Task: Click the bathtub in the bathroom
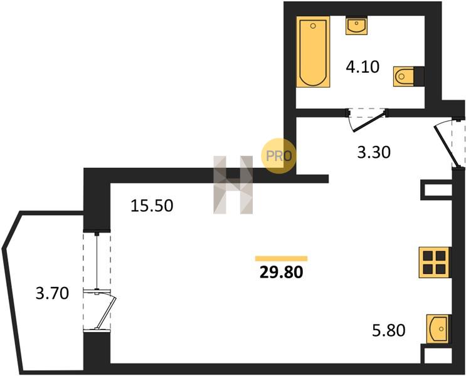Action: pyautogui.click(x=313, y=51)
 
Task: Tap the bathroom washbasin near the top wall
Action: pyautogui.click(x=356, y=25)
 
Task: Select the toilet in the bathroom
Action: pyautogui.click(x=404, y=76)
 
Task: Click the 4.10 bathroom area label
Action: pyautogui.click(x=363, y=67)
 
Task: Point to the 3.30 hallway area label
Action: pyautogui.click(x=374, y=152)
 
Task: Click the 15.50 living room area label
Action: pyautogui.click(x=152, y=205)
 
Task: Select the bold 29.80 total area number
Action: pyautogui.click(x=281, y=272)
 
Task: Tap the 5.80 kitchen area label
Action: pyautogui.click(x=389, y=330)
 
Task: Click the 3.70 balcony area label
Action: pyautogui.click(x=52, y=293)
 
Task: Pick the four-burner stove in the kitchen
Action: pyautogui.click(x=434, y=263)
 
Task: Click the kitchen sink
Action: pyautogui.click(x=438, y=329)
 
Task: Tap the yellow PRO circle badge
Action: pyautogui.click(x=278, y=156)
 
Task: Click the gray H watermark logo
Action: pyautogui.click(x=233, y=185)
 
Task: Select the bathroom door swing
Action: pyautogui.click(x=369, y=121)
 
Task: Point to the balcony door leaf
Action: pyautogui.click(x=106, y=313)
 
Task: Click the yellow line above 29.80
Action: pyautogui.click(x=281, y=258)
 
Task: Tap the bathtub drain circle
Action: pyautogui.click(x=312, y=26)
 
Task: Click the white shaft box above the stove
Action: pyautogui.click(x=437, y=190)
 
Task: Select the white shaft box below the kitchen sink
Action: pyautogui.click(x=437, y=355)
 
